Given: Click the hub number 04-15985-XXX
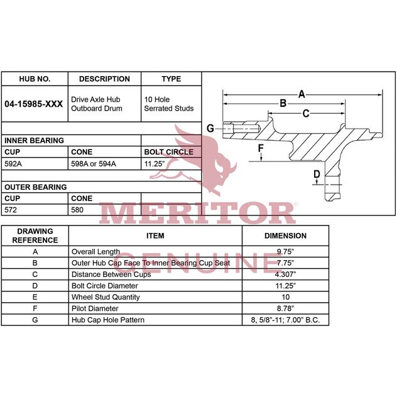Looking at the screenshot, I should point(33,104).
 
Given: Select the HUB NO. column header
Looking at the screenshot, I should point(35,79).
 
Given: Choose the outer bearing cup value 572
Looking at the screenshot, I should point(12,210).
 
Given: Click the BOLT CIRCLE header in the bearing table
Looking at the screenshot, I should point(169,152).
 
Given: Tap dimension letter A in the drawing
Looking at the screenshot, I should point(302,94).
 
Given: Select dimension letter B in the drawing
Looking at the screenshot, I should point(283,103).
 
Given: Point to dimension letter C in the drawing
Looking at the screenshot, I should point(305,114).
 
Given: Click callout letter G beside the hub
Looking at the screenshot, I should point(210,129).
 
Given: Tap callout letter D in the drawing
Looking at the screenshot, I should point(317,174).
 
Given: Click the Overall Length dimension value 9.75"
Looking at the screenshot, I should point(285,251).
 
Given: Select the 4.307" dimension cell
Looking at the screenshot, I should point(285,274).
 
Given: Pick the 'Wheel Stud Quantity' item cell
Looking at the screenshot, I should point(106,297).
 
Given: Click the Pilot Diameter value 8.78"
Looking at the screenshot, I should point(285,308).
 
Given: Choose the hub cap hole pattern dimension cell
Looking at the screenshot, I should point(285,320).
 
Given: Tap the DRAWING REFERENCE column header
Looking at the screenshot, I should point(35,236).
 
